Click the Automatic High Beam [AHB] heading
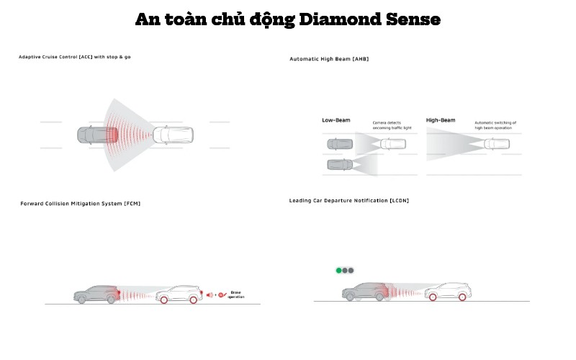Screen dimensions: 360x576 coord(329,58)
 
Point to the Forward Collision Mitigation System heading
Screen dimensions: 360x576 coord(81,204)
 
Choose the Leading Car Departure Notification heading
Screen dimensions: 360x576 coord(348,199)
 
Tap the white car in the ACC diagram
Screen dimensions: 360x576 coord(174,135)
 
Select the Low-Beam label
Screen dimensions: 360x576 coord(336,120)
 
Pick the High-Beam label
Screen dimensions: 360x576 coord(441,120)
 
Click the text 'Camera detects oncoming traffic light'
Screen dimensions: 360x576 coord(392,125)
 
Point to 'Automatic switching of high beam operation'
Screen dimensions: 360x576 coord(495,125)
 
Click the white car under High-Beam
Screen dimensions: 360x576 coord(497,144)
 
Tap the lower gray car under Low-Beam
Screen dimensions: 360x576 coord(339,165)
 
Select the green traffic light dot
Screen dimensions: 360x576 coord(338,271)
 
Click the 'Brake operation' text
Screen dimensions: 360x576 coord(237,294)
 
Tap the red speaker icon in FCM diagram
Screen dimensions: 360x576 coord(210,294)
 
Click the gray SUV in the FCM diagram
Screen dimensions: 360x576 coord(95,294)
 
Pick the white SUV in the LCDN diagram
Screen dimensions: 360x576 coord(446,292)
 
